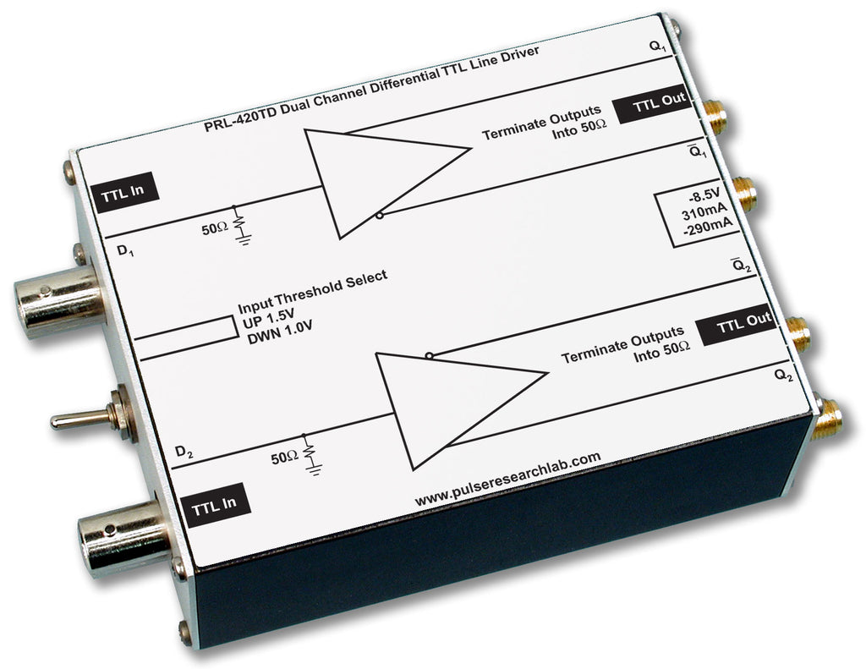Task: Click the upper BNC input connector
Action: click(x=52, y=301)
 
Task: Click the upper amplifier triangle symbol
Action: click(x=381, y=179)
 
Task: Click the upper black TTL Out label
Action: click(x=660, y=107)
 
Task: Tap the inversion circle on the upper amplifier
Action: click(x=381, y=217)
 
